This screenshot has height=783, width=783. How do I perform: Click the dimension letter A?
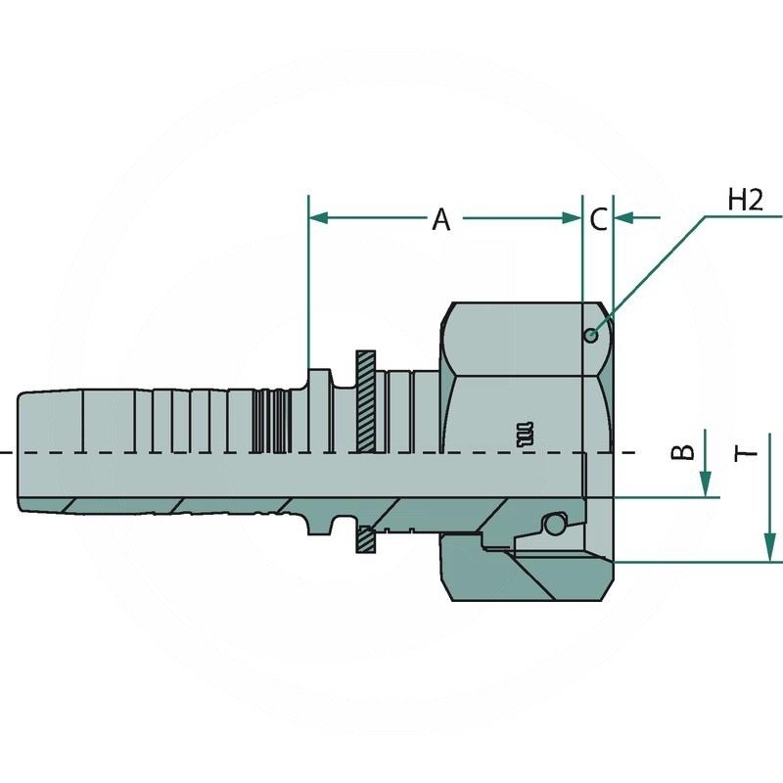pyautogui.click(x=441, y=219)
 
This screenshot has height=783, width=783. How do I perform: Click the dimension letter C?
pyautogui.click(x=598, y=219)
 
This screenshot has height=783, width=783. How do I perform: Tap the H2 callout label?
pyautogui.click(x=745, y=200)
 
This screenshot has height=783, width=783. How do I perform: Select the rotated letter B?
pyautogui.click(x=682, y=451)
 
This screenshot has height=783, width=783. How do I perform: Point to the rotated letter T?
pyautogui.click(x=746, y=454)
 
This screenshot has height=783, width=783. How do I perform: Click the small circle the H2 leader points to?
pyautogui.click(x=591, y=336)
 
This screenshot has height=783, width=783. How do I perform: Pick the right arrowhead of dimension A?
pyautogui.click(x=573, y=217)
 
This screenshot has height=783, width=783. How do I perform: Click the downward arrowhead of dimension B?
pyautogui.click(x=705, y=484)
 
